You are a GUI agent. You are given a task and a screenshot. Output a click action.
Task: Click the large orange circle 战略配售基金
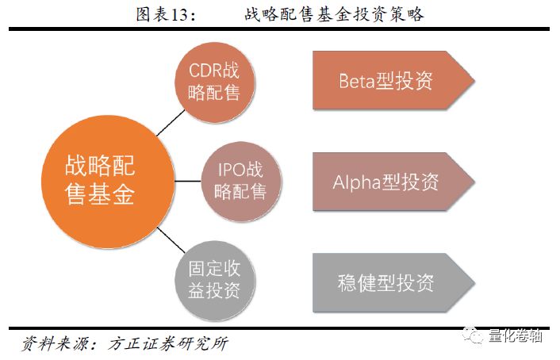click(x=108, y=182)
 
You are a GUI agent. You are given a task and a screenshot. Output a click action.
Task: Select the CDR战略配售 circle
click(x=214, y=82)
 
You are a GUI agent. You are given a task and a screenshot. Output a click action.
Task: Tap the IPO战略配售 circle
click(x=241, y=182)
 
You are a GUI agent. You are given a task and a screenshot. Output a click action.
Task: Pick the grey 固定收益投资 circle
click(x=214, y=281)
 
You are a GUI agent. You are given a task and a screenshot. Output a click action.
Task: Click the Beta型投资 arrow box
click(x=393, y=80)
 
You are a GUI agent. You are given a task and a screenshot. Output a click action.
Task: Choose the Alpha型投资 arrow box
click(x=393, y=182)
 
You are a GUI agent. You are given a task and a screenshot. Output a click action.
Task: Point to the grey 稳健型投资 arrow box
click(x=393, y=283)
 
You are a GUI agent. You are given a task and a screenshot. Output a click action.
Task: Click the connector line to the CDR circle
click(x=171, y=123)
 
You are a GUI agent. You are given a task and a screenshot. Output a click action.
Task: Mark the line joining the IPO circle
click(x=188, y=181)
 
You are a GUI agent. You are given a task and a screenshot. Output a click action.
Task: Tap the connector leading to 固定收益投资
click(x=171, y=240)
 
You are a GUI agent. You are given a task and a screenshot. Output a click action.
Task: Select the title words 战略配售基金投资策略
click(x=334, y=14)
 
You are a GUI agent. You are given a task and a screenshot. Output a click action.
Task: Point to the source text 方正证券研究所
click(x=168, y=343)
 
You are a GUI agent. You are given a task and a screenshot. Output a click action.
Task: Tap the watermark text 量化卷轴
click(x=516, y=335)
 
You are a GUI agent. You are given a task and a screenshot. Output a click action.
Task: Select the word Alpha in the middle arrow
click(x=357, y=182)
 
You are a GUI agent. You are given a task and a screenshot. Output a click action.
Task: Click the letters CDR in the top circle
click(x=205, y=71)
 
